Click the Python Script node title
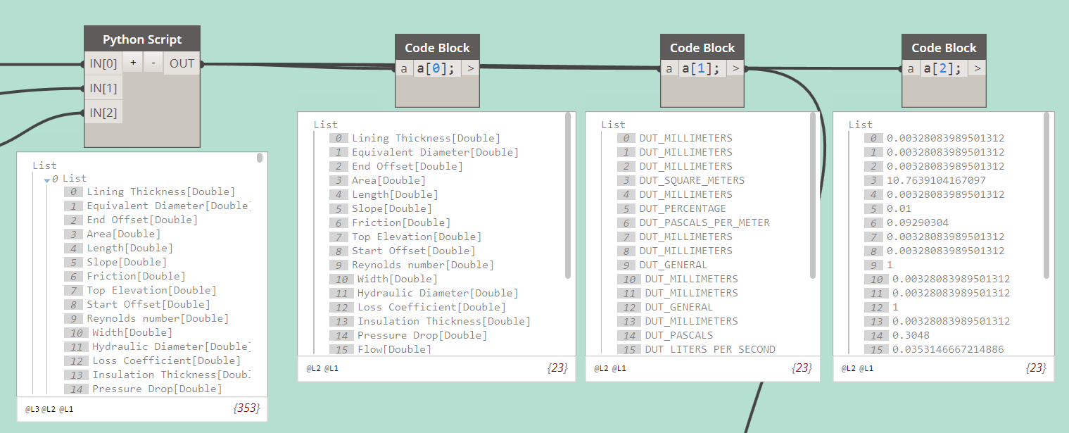tap(142, 39)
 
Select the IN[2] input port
tap(103, 113)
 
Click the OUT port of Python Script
tap(182, 63)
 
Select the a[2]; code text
tap(944, 68)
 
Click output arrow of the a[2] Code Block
tap(977, 68)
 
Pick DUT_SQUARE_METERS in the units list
tap(692, 180)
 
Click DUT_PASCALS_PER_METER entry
tap(704, 222)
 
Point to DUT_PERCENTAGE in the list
tap(682, 208)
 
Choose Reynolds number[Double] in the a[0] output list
tap(423, 265)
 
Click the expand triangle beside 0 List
tap(47, 180)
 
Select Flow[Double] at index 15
tap(394, 349)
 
